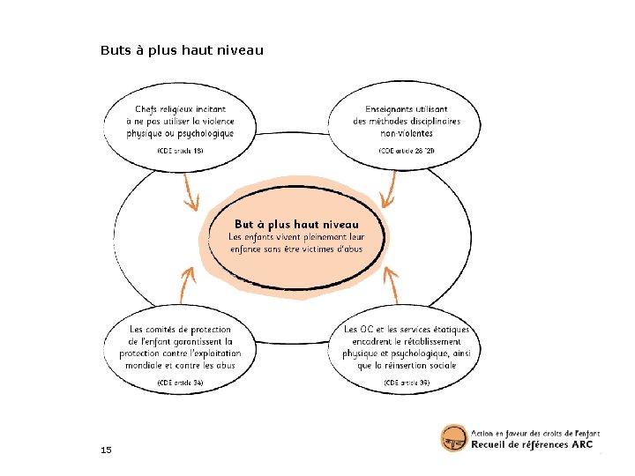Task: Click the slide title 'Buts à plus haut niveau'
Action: tap(182, 50)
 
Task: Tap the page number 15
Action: tap(106, 450)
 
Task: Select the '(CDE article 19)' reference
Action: tap(180, 151)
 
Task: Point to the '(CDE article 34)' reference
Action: tap(180, 383)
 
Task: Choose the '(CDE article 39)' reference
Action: tap(407, 383)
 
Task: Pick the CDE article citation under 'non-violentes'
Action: tap(407, 151)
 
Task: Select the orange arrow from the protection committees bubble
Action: tap(187, 282)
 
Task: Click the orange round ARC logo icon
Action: tap(453, 438)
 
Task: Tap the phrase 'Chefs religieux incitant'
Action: tap(180, 108)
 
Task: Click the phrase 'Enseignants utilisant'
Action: tap(407, 108)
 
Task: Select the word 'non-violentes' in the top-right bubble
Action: tap(407, 134)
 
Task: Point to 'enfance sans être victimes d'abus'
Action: tap(296, 249)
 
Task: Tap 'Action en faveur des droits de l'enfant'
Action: tap(535, 432)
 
